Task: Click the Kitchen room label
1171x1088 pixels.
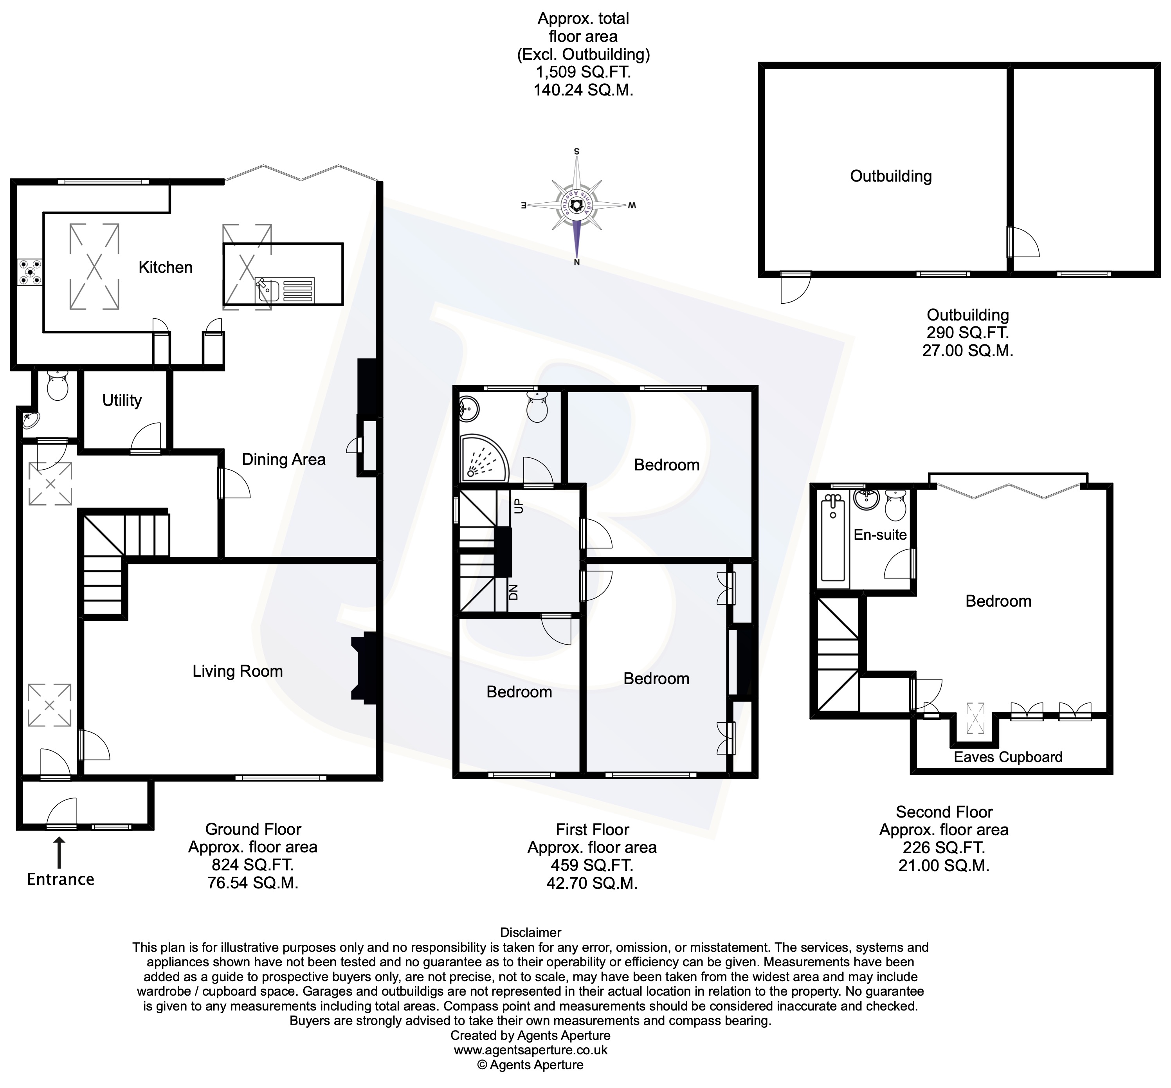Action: click(x=166, y=267)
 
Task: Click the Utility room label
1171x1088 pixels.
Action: click(x=122, y=400)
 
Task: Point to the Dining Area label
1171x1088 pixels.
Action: click(x=283, y=459)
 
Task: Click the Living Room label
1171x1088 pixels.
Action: click(x=237, y=671)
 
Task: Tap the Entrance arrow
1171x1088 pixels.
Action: click(x=59, y=854)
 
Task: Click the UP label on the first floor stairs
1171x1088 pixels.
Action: click(x=519, y=506)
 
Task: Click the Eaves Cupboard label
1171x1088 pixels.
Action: click(x=1007, y=757)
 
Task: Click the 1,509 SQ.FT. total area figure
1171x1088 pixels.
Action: click(x=582, y=72)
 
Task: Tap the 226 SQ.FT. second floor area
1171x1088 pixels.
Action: click(x=943, y=848)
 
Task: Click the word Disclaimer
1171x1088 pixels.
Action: click(x=530, y=933)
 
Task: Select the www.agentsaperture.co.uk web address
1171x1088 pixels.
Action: click(x=530, y=1050)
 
